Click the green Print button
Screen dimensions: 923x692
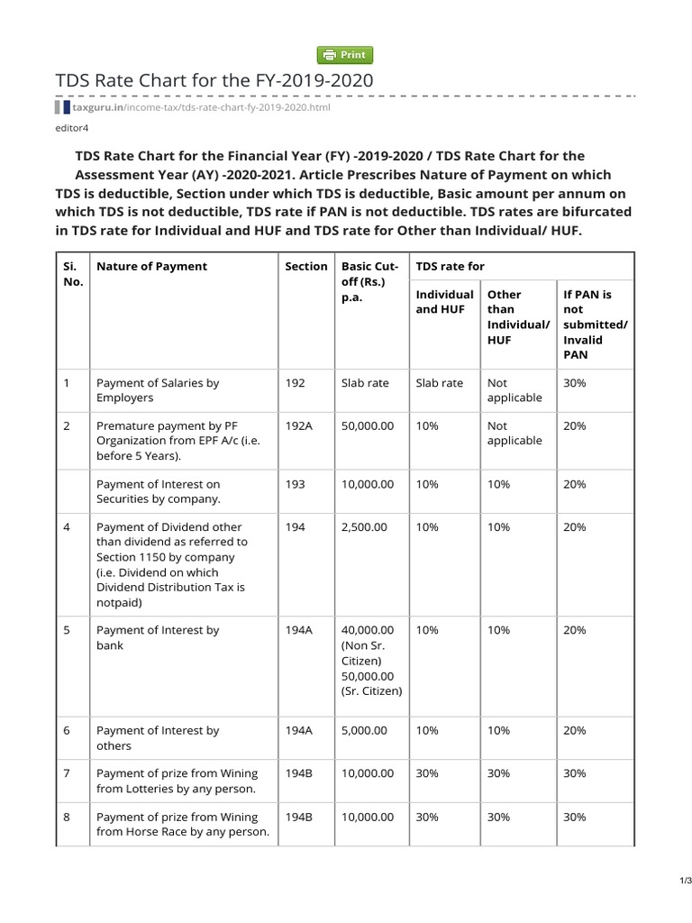pyautogui.click(x=345, y=55)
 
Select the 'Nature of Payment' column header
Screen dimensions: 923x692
pyautogui.click(x=151, y=266)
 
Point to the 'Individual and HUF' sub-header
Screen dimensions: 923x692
pyautogui.click(x=444, y=302)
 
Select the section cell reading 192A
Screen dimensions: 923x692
pyautogui.click(x=298, y=425)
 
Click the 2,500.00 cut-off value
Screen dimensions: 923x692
pyautogui.click(x=364, y=526)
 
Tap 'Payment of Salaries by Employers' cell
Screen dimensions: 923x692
pyautogui.click(x=158, y=390)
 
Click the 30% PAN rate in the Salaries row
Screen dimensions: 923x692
pyautogui.click(x=574, y=383)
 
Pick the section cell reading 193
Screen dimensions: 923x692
pyautogui.click(x=295, y=484)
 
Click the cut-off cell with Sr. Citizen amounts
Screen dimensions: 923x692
pyautogui.click(x=372, y=661)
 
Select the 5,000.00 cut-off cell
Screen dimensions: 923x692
pyautogui.click(x=364, y=731)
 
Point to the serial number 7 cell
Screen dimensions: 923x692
pyautogui.click(x=67, y=773)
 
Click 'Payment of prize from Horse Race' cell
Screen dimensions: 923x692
pyautogui.click(x=183, y=824)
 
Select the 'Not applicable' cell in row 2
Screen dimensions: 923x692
pyautogui.click(x=514, y=433)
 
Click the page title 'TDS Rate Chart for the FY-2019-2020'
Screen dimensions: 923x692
pyautogui.click(x=214, y=81)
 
